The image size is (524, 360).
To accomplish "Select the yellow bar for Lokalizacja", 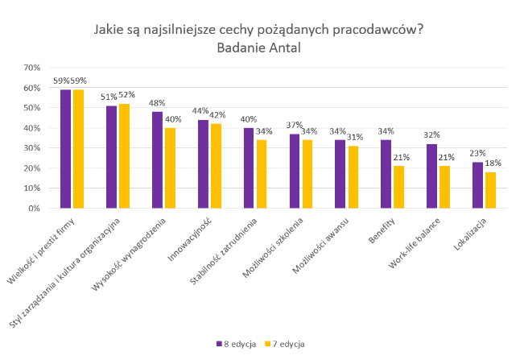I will tap(491, 190).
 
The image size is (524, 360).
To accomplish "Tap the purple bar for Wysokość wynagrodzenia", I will tap(157, 159).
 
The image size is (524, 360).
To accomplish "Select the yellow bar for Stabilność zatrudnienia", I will tap(262, 174).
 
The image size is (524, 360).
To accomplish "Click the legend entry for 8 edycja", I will tap(237, 343).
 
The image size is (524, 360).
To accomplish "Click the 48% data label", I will tap(157, 103).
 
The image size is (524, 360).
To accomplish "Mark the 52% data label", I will tap(126, 95).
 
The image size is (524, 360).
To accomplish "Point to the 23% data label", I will tap(477, 154).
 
